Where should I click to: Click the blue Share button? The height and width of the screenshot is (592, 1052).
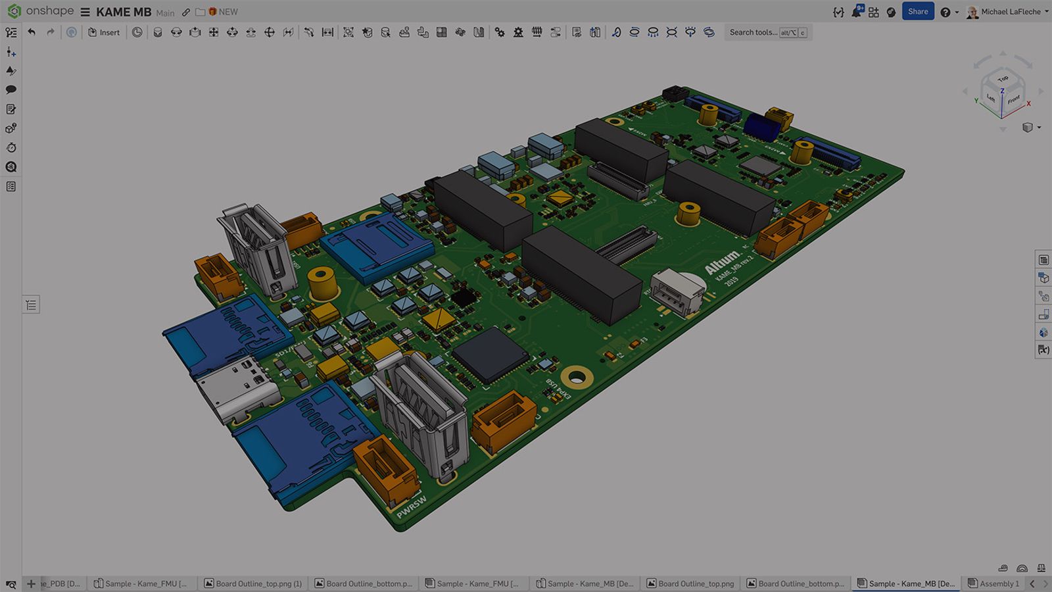click(918, 11)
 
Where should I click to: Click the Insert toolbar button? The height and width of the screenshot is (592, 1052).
click(104, 32)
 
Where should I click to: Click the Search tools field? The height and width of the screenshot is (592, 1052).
click(753, 32)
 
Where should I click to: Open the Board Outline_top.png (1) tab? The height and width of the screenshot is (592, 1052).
click(253, 583)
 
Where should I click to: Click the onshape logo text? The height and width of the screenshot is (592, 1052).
click(50, 11)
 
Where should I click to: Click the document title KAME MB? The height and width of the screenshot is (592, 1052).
click(124, 12)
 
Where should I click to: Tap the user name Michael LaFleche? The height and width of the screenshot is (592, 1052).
click(1011, 12)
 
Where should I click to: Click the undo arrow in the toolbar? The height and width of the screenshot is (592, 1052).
click(32, 32)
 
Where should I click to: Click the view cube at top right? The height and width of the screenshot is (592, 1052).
click(1002, 92)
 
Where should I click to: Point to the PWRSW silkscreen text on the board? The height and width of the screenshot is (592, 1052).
click(412, 506)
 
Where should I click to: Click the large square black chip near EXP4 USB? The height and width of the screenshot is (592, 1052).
click(490, 355)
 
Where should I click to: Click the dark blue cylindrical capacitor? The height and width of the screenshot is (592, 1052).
click(761, 127)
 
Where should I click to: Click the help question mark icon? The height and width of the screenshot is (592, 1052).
click(945, 12)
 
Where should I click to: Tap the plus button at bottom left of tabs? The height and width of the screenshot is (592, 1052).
click(31, 583)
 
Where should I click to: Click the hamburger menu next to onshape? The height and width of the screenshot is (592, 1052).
click(85, 12)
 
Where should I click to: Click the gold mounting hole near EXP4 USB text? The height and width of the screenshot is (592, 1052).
click(577, 378)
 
